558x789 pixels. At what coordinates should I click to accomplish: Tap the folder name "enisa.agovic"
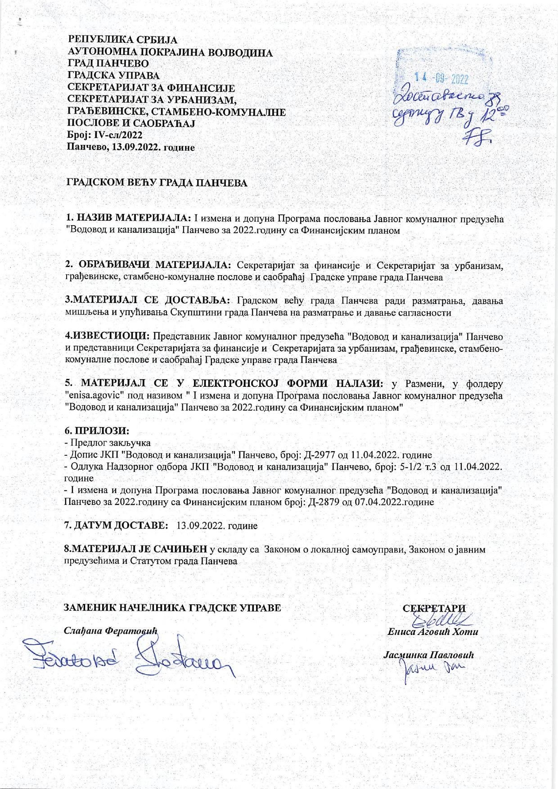click(x=95, y=396)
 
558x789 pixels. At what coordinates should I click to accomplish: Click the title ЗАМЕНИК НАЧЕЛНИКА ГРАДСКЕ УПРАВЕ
click(x=173, y=608)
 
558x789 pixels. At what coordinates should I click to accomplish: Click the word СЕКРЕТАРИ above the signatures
click(x=434, y=608)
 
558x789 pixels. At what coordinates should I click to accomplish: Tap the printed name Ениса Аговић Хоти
click(x=432, y=631)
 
